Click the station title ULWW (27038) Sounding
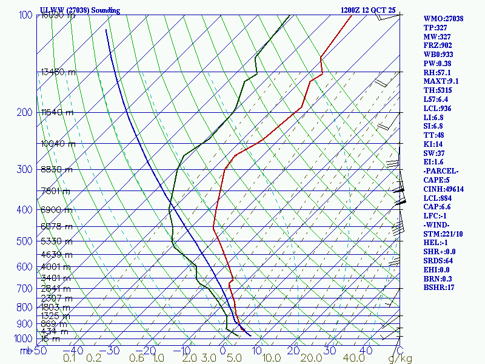tap(80, 10)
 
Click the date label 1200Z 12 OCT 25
tap(368, 10)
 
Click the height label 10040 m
tap(58, 144)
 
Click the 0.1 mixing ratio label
tap(70, 359)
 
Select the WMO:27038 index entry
tap(443, 19)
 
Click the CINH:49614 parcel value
tap(443, 189)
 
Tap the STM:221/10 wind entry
tap(443, 234)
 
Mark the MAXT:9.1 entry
tap(441, 81)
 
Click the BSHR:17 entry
tap(439, 288)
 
